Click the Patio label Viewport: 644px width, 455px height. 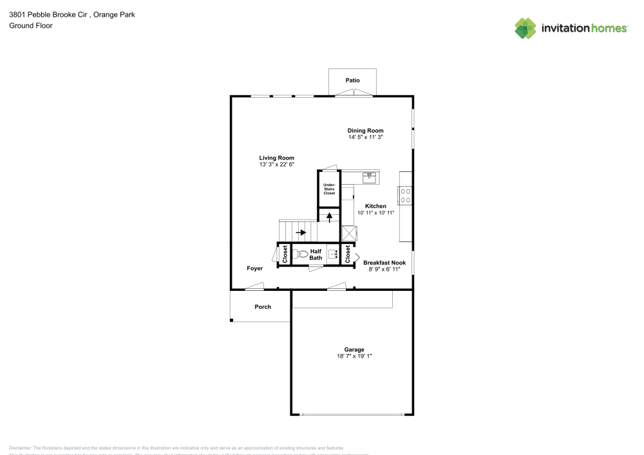pos(352,80)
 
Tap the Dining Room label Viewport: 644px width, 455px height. pos(365,131)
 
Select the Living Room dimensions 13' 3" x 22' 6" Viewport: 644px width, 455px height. pos(276,165)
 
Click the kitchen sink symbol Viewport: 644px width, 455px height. pos(369,177)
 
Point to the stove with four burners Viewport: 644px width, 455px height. pos(406,195)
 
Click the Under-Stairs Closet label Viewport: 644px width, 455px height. pos(329,189)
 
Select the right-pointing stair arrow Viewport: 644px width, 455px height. pos(301,232)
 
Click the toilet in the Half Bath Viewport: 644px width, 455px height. pos(300,254)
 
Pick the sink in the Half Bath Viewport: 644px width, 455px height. pos(334,254)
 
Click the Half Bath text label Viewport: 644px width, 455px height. pos(316,255)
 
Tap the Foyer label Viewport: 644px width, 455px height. pos(255,268)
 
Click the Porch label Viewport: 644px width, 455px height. pos(263,307)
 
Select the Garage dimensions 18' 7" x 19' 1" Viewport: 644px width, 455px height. pos(350,357)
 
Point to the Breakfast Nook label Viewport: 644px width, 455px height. pos(384,263)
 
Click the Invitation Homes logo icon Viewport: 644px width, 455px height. pos(525,28)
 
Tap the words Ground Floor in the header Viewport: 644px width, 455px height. pos(31,26)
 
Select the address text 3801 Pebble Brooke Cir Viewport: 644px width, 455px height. pos(49,14)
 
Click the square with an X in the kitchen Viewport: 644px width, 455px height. pos(348,232)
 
